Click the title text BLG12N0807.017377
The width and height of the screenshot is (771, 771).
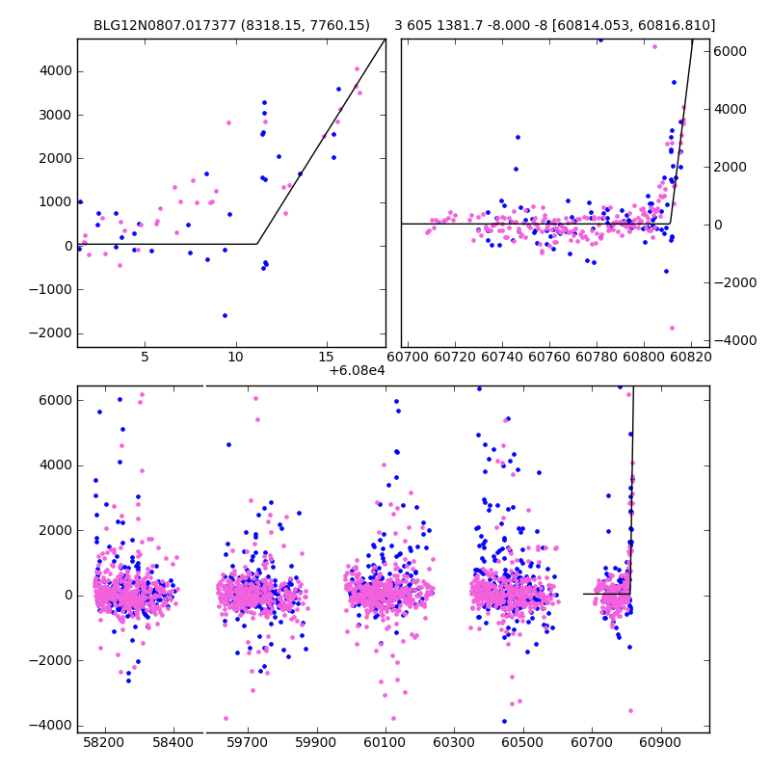pyautogui.click(x=161, y=25)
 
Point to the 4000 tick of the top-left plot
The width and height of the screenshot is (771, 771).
pyautogui.click(x=55, y=71)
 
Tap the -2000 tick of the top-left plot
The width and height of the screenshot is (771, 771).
pyautogui.click(x=52, y=332)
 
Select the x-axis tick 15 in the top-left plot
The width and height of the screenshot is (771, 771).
pyautogui.click(x=327, y=357)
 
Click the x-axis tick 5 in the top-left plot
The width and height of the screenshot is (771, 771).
pyautogui.click(x=145, y=357)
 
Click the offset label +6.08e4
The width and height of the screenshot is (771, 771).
pyautogui.click(x=357, y=370)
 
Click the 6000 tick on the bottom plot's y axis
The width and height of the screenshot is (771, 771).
pyautogui.click(x=55, y=400)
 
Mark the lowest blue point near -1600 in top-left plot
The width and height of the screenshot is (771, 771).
pyautogui.click(x=225, y=315)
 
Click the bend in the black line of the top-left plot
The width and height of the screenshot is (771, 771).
pyautogui.click(x=256, y=244)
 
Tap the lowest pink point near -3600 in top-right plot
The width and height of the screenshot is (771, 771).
pyautogui.click(x=672, y=328)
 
